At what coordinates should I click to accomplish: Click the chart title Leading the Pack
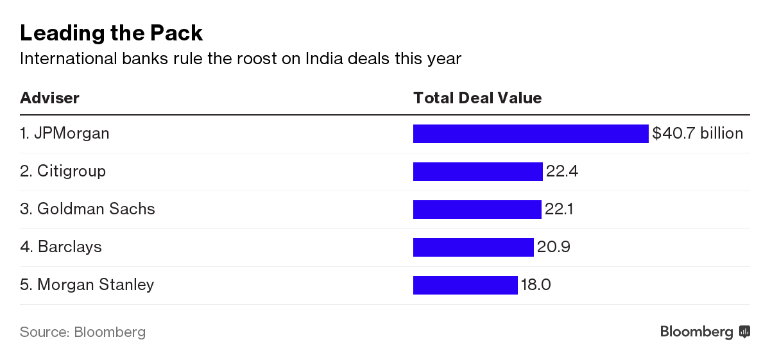click(111, 32)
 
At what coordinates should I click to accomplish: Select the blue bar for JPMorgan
click(531, 133)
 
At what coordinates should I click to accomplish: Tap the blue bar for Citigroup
click(478, 171)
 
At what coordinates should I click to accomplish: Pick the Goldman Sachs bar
click(477, 209)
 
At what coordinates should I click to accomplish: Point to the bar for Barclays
click(474, 247)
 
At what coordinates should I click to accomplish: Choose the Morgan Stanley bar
click(465, 285)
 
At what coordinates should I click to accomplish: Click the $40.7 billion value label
click(697, 133)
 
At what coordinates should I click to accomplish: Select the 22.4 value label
click(562, 171)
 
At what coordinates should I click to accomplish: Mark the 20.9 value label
click(553, 247)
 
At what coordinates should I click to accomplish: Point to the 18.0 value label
click(536, 285)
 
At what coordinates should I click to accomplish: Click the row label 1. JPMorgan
click(65, 133)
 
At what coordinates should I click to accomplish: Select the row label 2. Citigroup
click(63, 171)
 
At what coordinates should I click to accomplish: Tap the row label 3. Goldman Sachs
click(87, 209)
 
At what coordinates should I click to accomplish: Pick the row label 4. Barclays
click(61, 247)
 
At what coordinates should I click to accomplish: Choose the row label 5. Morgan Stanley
click(87, 285)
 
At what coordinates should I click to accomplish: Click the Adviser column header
click(49, 98)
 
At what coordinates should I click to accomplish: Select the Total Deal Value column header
click(477, 98)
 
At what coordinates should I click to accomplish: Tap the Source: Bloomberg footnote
click(83, 332)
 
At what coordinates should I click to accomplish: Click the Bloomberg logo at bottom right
click(705, 332)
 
